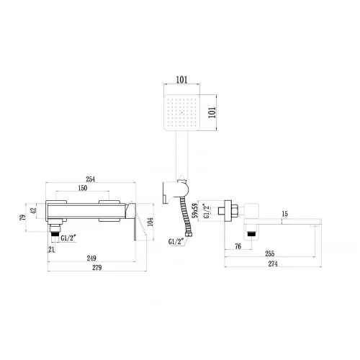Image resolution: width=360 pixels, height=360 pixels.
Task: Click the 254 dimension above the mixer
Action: tap(91, 179)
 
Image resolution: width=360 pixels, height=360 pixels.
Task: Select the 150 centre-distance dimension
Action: tap(83, 188)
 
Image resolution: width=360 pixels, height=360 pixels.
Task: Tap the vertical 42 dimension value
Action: tap(33, 210)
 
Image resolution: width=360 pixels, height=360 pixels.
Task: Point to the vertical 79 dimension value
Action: tap(22, 217)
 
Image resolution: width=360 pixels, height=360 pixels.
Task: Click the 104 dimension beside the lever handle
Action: tap(150, 222)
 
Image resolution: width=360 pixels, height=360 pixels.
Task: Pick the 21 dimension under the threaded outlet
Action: tap(52, 250)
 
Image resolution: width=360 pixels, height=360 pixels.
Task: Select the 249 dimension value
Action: tap(91, 258)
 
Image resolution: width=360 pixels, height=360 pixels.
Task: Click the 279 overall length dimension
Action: tap(97, 268)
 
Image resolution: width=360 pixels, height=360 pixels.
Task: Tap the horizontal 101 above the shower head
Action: tap(181, 80)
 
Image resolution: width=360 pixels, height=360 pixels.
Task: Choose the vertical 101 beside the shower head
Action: tap(212, 112)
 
